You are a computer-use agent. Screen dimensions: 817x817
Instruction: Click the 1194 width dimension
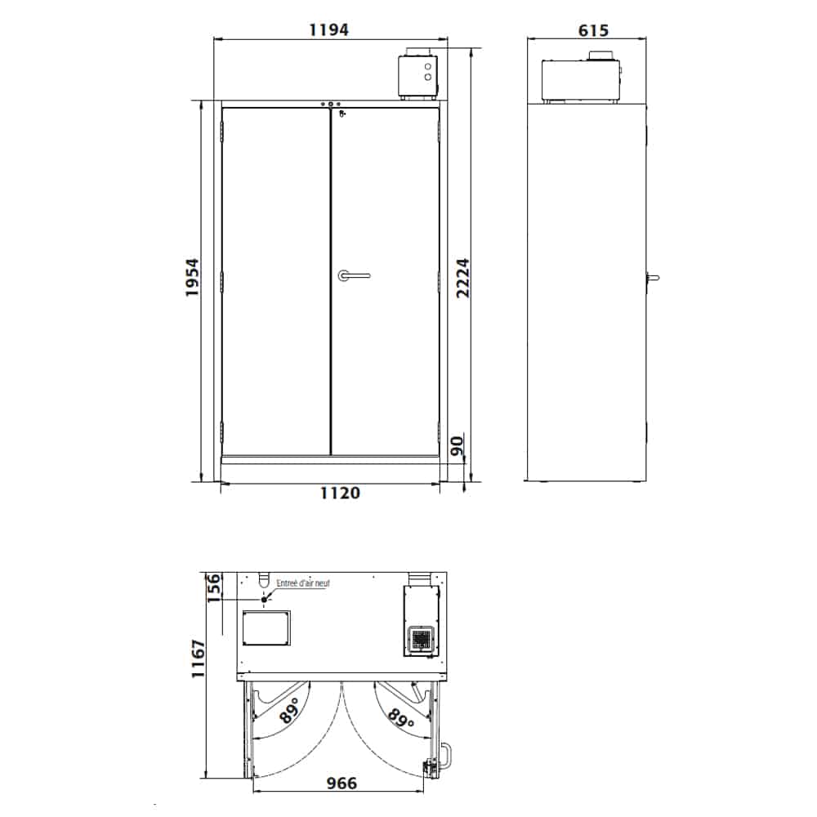click(328, 29)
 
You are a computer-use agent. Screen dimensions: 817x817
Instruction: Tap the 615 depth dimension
click(593, 30)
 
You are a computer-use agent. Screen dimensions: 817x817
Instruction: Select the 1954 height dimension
click(192, 277)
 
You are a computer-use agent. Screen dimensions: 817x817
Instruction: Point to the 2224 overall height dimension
click(462, 278)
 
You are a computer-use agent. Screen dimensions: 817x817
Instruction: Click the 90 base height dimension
click(457, 447)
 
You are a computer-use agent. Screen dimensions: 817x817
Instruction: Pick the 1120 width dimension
click(340, 493)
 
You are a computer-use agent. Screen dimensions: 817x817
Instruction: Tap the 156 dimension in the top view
click(213, 587)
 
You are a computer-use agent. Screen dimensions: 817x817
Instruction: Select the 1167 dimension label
click(199, 659)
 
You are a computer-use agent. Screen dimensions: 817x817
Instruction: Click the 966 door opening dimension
click(342, 784)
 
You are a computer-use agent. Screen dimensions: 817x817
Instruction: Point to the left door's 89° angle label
click(290, 711)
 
